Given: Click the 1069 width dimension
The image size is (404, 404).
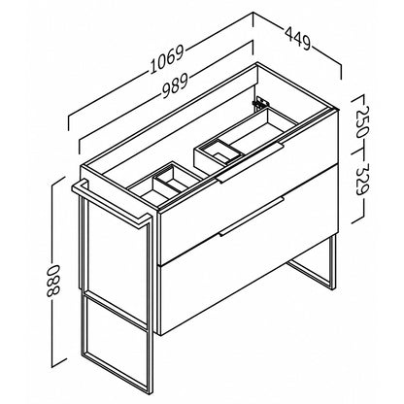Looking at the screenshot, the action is (167, 59).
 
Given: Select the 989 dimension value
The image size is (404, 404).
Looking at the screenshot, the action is (175, 86).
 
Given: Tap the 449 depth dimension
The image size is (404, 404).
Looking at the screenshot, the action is (298, 38).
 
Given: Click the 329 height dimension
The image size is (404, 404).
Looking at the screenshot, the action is (362, 179).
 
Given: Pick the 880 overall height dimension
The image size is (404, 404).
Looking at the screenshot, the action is (52, 281).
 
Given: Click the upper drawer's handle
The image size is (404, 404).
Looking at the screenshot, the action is (251, 162).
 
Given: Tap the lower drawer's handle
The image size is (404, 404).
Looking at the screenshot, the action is (251, 216).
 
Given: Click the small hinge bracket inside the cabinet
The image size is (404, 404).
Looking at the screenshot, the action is (259, 102).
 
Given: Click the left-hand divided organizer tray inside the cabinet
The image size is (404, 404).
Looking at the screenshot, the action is (165, 185).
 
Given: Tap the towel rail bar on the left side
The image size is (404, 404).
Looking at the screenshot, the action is (112, 204).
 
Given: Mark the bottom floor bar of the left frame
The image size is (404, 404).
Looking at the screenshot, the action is (116, 372).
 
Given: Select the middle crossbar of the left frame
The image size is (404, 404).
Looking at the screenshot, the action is (114, 306).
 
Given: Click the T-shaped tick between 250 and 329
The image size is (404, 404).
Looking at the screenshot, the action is (360, 151).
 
